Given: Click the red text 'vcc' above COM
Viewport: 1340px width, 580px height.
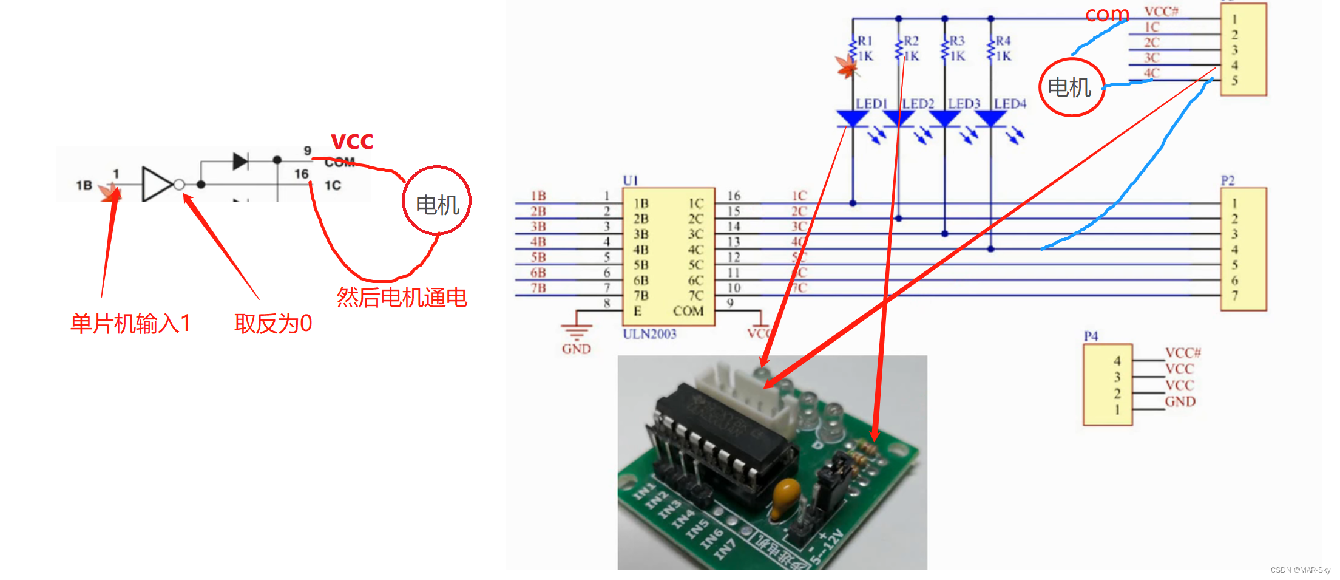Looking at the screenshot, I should point(351,142).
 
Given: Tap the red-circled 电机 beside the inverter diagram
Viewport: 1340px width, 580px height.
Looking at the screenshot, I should point(437,205).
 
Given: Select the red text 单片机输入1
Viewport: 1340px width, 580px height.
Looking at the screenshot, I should point(130,323).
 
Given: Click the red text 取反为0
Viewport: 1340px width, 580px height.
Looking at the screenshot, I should point(273,323).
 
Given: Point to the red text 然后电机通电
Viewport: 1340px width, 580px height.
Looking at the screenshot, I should point(402,297).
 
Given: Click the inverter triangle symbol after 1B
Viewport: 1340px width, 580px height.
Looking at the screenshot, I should point(157,183).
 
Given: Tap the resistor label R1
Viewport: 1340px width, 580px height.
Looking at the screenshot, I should point(865,41).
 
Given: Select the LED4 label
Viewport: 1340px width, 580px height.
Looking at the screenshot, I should point(1010,104).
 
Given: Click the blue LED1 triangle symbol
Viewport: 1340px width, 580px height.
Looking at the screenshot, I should point(853,118).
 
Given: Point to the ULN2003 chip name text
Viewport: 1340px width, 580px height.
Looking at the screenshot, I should point(649,333).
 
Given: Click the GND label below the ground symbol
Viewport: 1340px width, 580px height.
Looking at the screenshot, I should point(576,349).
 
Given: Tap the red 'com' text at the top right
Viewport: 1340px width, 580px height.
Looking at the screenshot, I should point(1107,13).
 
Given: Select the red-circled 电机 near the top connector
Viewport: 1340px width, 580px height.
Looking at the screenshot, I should point(1069,87).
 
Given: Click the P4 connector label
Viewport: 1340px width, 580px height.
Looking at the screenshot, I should point(1091,336).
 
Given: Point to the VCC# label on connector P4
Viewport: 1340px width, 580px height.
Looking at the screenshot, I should point(1183,353).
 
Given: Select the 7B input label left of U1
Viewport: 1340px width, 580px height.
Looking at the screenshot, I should point(538,288).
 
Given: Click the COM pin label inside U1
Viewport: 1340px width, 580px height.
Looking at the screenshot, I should point(688,311).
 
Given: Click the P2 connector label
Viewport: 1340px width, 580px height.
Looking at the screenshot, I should point(1227,180).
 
